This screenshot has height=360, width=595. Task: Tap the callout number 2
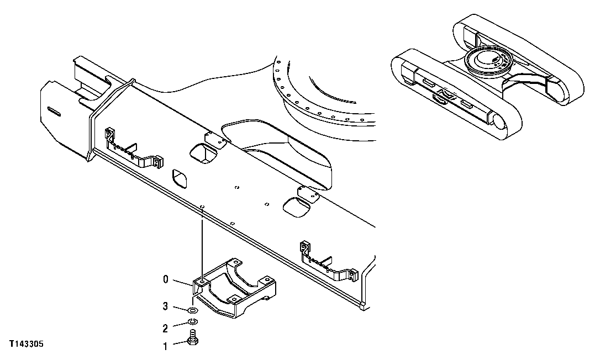[164, 329]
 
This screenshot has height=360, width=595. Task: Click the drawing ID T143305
[26, 345]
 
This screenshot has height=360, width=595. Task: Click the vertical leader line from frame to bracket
[203, 243]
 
